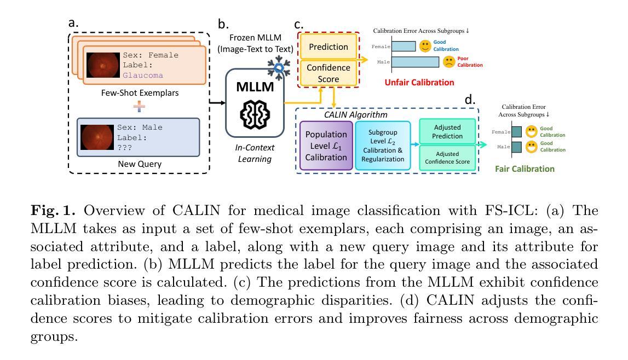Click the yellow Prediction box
coord(328,47)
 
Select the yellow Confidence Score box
coord(328,73)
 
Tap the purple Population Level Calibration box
coord(326,146)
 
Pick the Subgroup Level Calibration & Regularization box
coord(383,146)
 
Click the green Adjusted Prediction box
coord(447,132)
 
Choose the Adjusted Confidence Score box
coord(447,158)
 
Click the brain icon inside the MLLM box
coord(255,114)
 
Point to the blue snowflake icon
coord(279,68)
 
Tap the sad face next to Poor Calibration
coord(449,62)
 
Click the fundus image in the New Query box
coord(97,137)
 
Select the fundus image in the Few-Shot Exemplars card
coord(103,65)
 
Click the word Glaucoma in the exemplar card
coord(143,75)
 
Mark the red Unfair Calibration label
coord(419,83)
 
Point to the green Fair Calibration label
coord(525,169)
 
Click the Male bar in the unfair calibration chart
coord(416,62)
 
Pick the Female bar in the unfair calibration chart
coord(404,46)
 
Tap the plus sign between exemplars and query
coord(139,106)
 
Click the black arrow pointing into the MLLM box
coord(217,103)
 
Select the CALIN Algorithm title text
coord(356,115)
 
